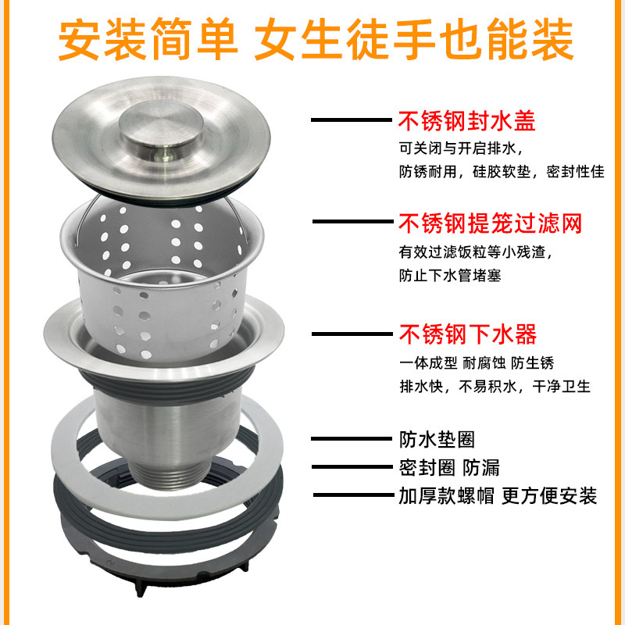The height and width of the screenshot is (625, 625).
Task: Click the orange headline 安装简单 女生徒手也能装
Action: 316,39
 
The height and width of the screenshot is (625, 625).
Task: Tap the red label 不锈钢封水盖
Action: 466,121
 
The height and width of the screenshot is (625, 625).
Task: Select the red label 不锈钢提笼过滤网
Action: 491,223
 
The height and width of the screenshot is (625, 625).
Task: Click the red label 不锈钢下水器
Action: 467,334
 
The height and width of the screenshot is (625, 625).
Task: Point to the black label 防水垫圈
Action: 437,440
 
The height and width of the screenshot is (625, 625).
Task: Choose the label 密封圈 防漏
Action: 449,467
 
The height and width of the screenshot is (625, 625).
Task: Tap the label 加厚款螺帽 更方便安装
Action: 498,496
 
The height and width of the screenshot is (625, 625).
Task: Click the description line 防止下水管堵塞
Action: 450,276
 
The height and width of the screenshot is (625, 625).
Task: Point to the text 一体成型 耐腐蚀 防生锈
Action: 477,363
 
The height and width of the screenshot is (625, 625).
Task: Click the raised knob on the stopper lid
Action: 162,127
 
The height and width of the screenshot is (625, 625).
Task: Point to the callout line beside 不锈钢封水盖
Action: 351,120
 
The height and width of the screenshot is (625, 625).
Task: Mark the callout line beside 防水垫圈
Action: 351,439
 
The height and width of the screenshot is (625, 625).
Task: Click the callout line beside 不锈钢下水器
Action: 352,334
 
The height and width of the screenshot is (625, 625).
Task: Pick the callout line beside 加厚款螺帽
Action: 354,495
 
